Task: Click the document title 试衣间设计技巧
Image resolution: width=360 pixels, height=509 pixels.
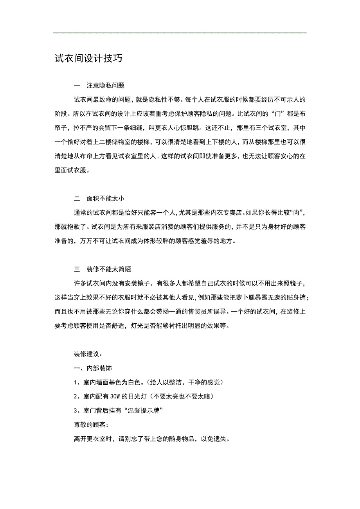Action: [88, 58]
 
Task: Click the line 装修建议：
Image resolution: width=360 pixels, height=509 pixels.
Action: [88, 354]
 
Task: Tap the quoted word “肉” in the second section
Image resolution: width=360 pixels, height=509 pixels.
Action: [296, 213]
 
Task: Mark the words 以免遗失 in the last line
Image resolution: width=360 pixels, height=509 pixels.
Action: [214, 439]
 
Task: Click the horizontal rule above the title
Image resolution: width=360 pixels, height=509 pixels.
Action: [180, 33]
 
